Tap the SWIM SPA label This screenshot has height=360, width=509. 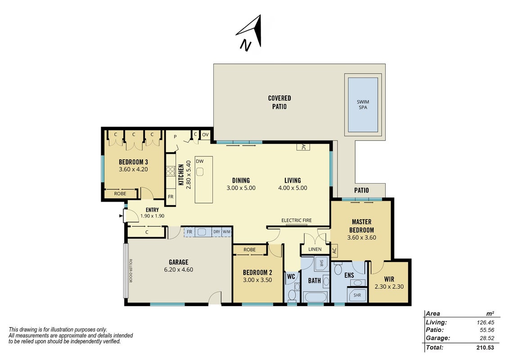(363, 104)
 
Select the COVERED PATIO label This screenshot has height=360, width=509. (279, 102)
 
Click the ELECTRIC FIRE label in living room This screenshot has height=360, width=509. (297, 220)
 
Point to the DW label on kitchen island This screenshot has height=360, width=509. (200, 162)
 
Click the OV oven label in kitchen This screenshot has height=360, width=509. (205, 135)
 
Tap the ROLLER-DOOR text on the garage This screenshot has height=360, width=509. (131, 270)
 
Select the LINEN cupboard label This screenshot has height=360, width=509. (315, 249)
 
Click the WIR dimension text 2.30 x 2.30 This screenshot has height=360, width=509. (389, 287)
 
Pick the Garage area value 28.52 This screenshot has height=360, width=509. (486, 338)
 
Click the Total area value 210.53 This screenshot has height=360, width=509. (485, 347)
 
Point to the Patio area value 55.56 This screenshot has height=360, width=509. (486, 330)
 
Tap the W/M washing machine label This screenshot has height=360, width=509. (226, 232)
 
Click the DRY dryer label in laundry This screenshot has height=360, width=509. (216, 232)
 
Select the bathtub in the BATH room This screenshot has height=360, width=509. (315, 297)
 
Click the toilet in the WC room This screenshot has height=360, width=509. (292, 295)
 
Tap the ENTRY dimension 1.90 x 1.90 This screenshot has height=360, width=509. (152, 216)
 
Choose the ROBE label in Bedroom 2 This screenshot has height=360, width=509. (250, 250)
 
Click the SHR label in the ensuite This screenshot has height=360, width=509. (357, 295)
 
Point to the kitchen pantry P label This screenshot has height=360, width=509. (175, 137)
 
